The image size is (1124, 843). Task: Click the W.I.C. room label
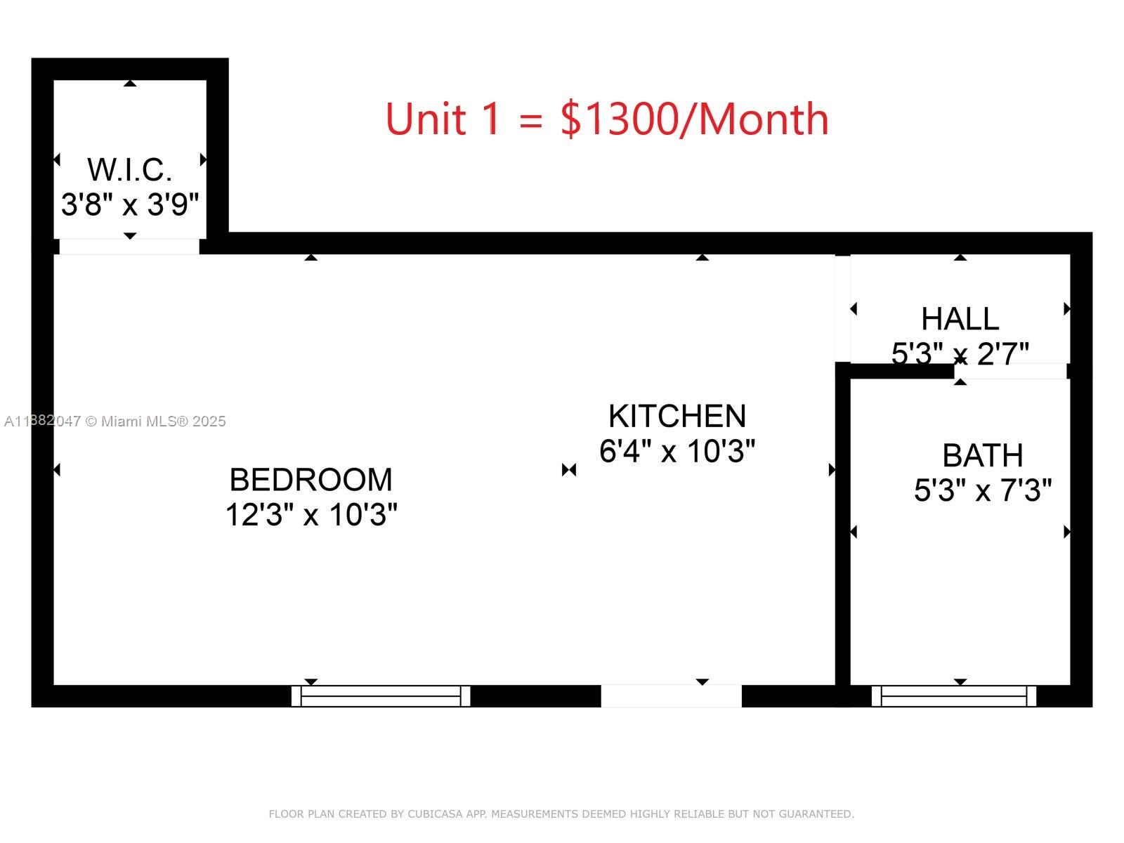tap(130, 170)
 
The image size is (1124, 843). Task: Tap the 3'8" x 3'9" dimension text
tap(130, 204)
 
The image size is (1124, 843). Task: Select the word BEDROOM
tap(311, 480)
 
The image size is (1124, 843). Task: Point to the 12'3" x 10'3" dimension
tap(311, 515)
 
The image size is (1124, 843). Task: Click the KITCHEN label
tap(677, 416)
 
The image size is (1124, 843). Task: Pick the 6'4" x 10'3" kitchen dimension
tap(677, 451)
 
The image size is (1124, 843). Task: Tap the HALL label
tap(960, 319)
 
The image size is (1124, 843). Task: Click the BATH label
tap(982, 455)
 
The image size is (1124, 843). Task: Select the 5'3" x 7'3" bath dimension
tap(982, 490)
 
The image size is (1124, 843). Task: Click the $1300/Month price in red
tap(694, 119)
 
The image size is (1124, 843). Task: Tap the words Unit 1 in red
tap(443, 119)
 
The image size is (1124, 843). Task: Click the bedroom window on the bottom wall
tap(381, 695)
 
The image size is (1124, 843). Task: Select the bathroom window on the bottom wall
tap(953, 695)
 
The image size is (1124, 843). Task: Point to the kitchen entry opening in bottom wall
tap(671, 695)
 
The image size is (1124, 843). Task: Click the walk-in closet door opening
tap(129, 247)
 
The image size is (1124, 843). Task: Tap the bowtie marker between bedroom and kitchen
tap(569, 469)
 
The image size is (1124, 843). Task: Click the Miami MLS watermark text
tap(115, 421)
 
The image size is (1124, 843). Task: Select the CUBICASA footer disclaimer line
tap(561, 813)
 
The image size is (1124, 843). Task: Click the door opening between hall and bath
tap(1012, 371)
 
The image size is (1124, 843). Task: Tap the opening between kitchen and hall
tap(842, 309)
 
